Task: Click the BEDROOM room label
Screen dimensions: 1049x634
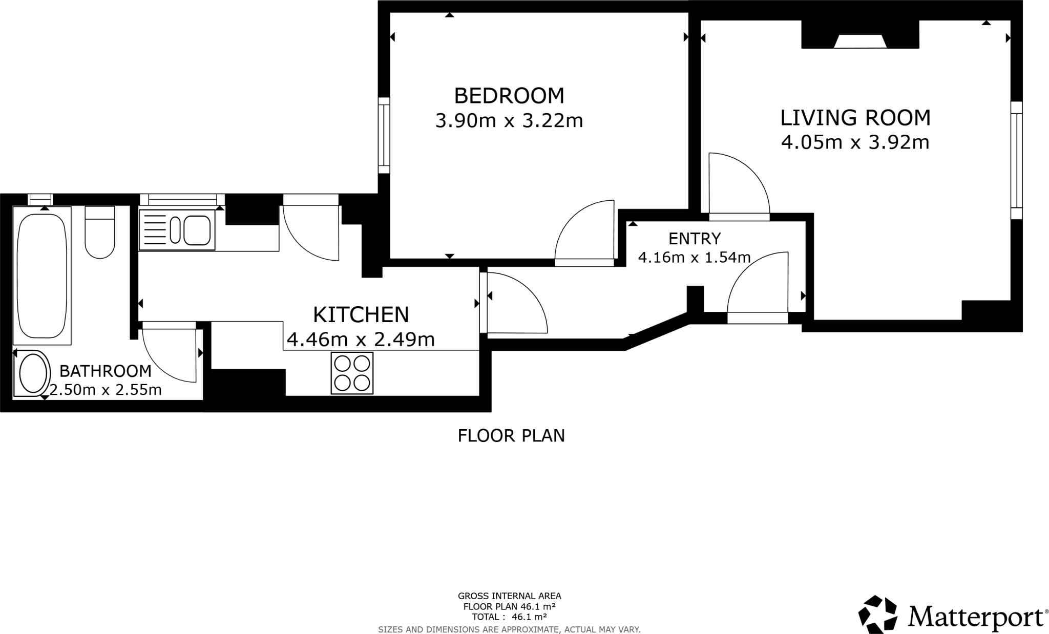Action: (509, 96)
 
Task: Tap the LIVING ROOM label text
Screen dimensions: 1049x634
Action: (855, 118)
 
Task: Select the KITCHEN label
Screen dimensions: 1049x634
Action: (361, 314)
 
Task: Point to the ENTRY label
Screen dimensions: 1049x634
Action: (695, 239)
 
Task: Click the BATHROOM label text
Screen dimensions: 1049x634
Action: (106, 371)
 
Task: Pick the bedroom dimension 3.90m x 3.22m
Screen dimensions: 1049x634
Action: (509, 121)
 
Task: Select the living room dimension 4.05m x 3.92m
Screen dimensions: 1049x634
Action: (855, 142)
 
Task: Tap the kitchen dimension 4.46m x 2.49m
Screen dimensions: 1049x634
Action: (361, 339)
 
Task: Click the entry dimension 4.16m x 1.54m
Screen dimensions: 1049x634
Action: (694, 257)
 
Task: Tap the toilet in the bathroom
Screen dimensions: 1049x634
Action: (99, 232)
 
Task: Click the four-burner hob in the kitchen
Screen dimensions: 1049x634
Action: (352, 374)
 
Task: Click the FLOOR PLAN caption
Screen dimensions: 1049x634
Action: (511, 436)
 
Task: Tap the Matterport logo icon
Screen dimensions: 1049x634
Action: (878, 614)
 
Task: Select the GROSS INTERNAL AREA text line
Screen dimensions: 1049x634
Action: (510, 596)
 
